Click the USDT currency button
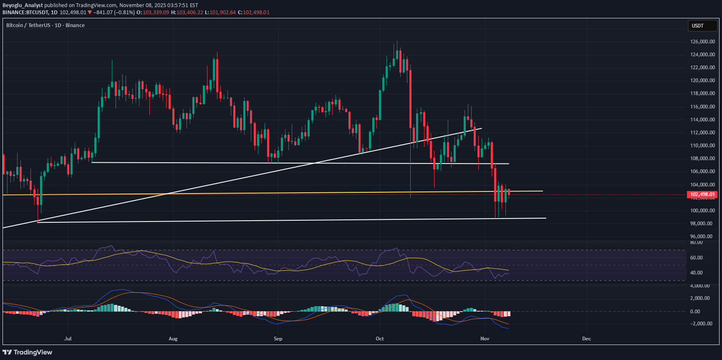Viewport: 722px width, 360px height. (702, 26)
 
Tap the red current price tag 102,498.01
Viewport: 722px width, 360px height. (702, 194)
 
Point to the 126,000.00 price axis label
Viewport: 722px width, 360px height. (702, 42)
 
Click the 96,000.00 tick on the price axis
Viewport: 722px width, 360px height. (701, 237)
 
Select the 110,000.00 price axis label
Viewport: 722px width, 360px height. (702, 146)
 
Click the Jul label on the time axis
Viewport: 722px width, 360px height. (68, 339)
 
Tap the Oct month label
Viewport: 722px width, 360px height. (379, 339)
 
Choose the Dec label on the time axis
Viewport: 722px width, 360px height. (586, 339)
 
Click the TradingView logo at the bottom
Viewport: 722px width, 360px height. (28, 352)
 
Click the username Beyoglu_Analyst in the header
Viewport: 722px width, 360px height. (23, 5)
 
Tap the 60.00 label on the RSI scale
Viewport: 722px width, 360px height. (696, 258)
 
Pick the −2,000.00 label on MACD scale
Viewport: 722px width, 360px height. (701, 324)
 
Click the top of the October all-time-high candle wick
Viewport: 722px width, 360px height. (396, 41)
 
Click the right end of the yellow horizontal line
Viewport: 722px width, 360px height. (542, 191)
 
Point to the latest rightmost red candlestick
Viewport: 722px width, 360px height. (509, 191)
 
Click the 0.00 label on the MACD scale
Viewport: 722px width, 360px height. (695, 312)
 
